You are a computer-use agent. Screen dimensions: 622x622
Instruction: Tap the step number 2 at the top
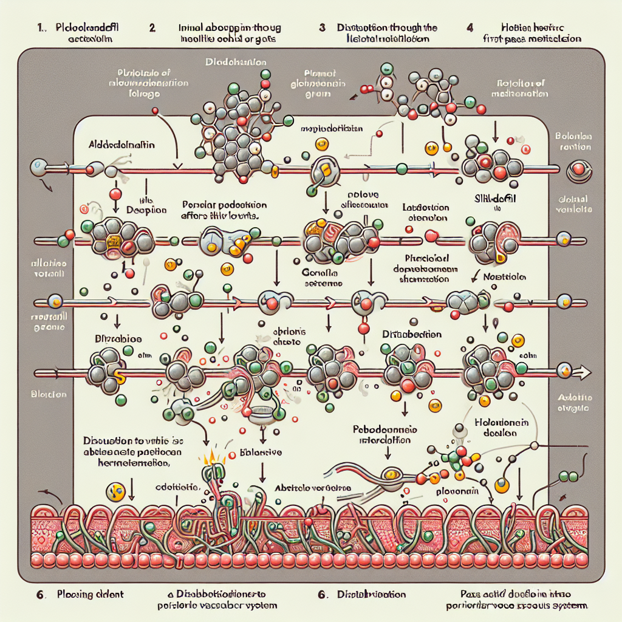click(x=152, y=28)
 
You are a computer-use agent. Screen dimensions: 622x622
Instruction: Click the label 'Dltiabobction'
click(x=411, y=335)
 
